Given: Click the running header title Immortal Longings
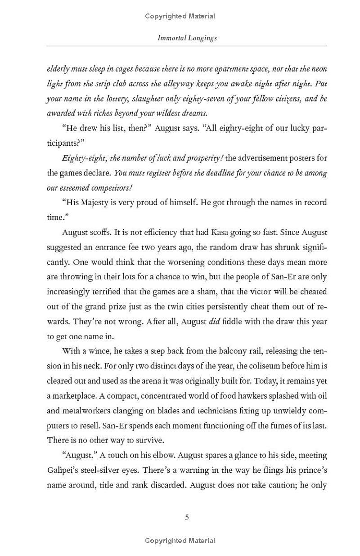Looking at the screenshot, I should [187, 38].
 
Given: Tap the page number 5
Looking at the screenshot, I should [187, 517].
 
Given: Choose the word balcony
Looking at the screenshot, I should [242, 351].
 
